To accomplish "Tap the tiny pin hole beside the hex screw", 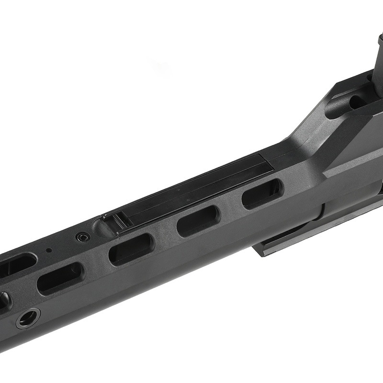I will tap(48, 249).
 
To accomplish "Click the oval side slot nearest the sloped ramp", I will tap(262, 192).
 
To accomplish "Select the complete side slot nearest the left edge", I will tap(60, 278).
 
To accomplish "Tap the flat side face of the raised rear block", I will tap(354, 144).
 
